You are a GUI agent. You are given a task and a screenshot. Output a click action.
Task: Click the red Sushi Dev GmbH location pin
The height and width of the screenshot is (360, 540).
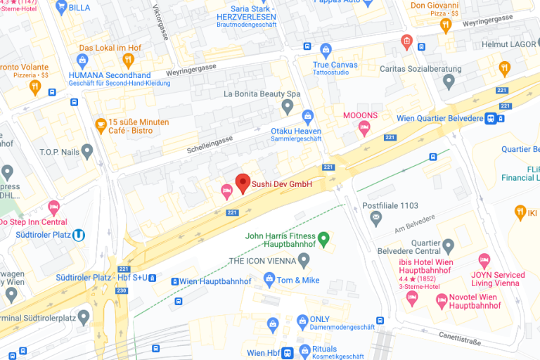[x=243, y=183]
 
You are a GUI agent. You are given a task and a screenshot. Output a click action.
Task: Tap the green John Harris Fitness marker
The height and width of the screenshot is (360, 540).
[x=323, y=239]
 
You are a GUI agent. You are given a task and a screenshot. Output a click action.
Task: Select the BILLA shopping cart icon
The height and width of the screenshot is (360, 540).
[x=60, y=8]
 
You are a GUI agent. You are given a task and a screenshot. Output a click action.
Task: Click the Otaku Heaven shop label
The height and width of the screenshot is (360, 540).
[x=296, y=131]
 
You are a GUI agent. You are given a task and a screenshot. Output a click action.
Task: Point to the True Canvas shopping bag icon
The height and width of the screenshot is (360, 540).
[x=325, y=50]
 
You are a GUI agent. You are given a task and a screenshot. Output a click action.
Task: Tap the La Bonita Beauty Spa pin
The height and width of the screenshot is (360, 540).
[x=287, y=106]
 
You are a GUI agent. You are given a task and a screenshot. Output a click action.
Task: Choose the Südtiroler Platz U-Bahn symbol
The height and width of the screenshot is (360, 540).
[x=79, y=236]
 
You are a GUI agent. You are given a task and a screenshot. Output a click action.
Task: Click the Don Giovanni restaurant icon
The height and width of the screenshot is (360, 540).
[x=445, y=25]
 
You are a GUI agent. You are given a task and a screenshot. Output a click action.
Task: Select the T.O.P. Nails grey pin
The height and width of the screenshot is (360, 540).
[x=87, y=151]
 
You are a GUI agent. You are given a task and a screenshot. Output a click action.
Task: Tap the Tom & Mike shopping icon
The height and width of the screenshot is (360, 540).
[x=269, y=280]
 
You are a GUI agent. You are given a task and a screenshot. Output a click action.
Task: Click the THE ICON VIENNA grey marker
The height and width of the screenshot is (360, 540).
[x=304, y=261]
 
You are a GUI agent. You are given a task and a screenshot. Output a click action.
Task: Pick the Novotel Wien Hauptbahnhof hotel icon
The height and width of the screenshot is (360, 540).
[x=442, y=300]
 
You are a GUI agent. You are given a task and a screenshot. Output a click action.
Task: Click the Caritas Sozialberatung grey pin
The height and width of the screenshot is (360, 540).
[x=449, y=82]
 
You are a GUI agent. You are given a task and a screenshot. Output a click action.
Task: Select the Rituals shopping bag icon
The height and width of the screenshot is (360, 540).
[x=304, y=349]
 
